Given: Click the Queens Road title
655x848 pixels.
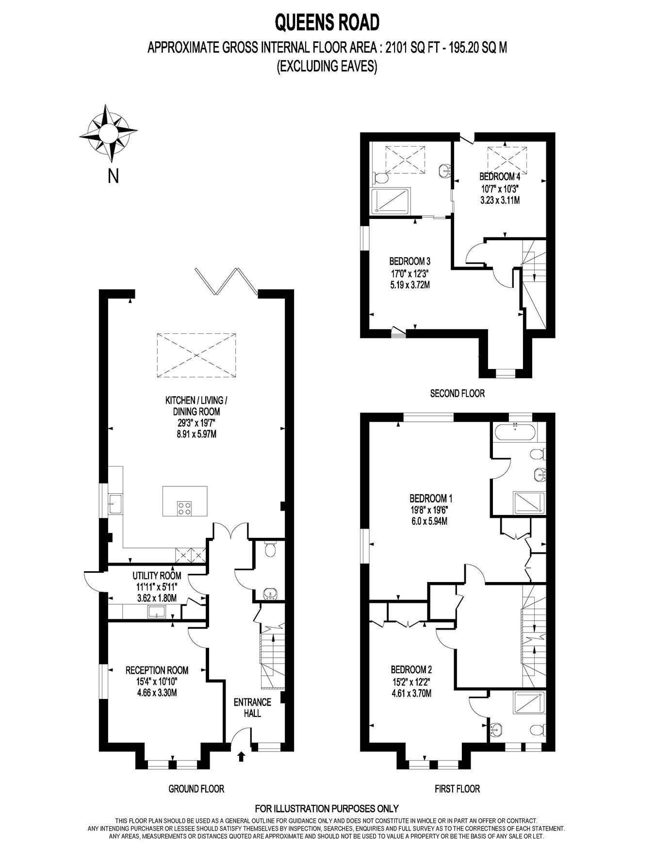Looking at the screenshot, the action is point(327,22).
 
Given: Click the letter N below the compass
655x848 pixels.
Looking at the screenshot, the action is point(113,177).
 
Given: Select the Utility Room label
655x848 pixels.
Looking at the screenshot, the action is point(157,576).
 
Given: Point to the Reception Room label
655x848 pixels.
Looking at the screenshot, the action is point(157,670).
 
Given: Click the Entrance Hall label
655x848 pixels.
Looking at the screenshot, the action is point(252,708).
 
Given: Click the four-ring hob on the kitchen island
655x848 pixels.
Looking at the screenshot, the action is point(184,508).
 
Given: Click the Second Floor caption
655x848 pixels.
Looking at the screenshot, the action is point(457,393).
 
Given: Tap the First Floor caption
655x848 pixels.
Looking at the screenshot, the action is point(457,789).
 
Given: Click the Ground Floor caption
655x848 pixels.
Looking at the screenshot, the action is point(196,789).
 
